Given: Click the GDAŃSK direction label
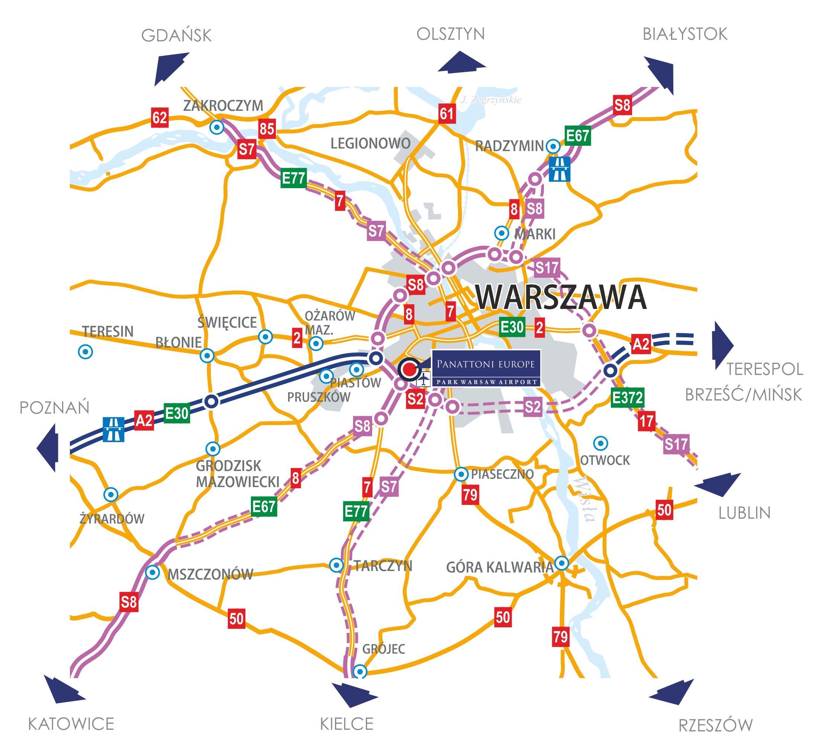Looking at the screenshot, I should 176,36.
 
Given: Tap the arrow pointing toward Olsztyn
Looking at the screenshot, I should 461,62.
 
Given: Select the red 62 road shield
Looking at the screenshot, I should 159,118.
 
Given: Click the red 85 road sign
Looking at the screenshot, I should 267,129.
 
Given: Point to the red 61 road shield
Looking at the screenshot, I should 447,113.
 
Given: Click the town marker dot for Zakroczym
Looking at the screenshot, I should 216,127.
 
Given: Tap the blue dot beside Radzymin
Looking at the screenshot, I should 553,146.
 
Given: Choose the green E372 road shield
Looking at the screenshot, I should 627,398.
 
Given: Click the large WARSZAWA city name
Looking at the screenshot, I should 561,297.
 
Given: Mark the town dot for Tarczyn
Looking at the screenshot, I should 336,565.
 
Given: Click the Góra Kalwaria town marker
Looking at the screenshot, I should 561,563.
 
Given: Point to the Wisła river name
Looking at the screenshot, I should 585,500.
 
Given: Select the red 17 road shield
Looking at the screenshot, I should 646,421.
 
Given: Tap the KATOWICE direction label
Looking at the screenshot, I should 71,724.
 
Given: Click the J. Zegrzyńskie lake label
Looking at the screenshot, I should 491,99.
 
